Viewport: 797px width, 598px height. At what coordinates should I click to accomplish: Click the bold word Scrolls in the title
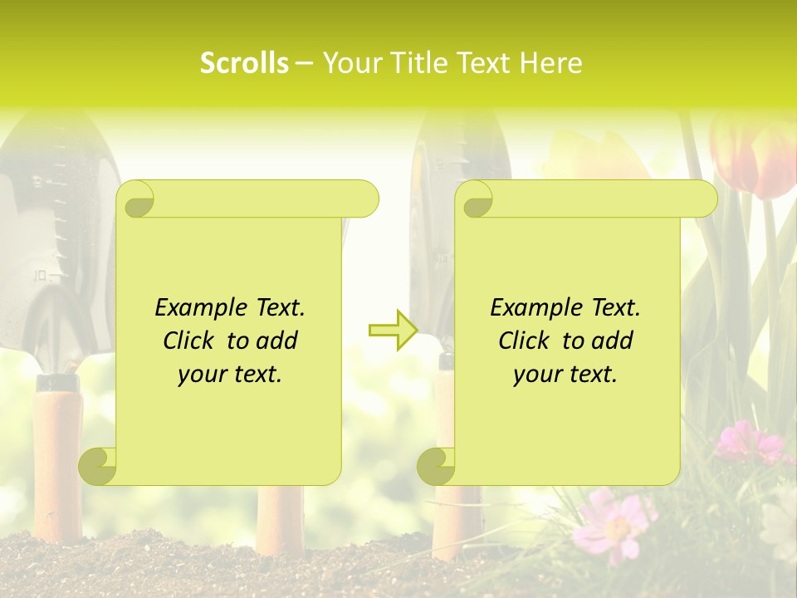pos(244,63)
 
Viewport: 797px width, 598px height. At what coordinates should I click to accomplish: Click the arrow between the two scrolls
pos(393,331)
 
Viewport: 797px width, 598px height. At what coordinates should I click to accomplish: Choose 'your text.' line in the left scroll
pos(230,375)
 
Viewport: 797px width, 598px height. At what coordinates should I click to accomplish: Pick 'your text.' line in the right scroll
pos(565,375)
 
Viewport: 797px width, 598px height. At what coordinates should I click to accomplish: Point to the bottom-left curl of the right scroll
pos(437,465)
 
